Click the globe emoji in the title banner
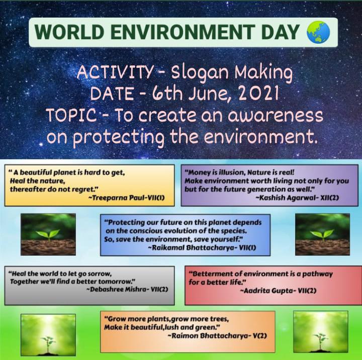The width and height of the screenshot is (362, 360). coord(318,32)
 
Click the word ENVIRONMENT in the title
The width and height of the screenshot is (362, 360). coord(183,32)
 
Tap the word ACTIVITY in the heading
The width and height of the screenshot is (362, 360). coord(115,72)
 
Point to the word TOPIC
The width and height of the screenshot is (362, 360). coord(71,115)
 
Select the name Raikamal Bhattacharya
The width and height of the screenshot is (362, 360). coord(192,248)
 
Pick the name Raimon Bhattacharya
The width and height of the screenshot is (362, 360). coord(211,335)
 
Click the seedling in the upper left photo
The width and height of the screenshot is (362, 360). coord(48,235)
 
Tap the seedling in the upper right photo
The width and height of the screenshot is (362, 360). coord(322,234)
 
